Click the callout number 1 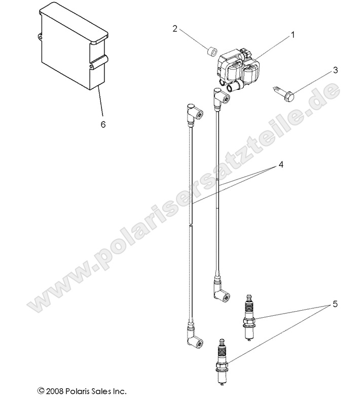(293, 35)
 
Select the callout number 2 (175, 29)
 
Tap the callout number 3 (335, 70)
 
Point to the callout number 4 (281, 164)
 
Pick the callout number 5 (335, 305)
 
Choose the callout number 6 (103, 124)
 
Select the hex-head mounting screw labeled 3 (283, 93)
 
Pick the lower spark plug (223, 361)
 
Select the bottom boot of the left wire (195, 335)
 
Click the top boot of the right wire (221, 99)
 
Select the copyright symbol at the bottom (41, 391)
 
